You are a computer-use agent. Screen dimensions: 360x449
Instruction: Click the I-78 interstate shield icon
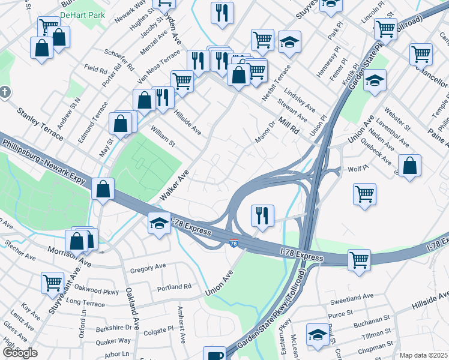pyautogui.click(x=234, y=243)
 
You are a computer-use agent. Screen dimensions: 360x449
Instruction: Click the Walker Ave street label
pyautogui.click(x=175, y=185)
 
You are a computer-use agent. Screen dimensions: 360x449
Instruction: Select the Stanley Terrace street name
pyautogui.click(x=40, y=124)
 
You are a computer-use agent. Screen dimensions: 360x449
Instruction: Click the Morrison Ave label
pyautogui.click(x=70, y=256)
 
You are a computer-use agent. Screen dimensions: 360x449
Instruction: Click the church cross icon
pyautogui.click(x=5, y=92)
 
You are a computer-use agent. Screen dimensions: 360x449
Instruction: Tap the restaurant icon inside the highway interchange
pyautogui.click(x=262, y=215)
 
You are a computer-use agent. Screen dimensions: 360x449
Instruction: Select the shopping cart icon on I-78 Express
pyautogui.click(x=359, y=260)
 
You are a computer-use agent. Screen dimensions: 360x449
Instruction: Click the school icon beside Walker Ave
pyautogui.click(x=158, y=223)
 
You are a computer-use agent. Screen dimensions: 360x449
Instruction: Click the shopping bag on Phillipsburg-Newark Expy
pyautogui.click(x=104, y=188)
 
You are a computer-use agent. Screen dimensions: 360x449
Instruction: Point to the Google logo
pyautogui.click(x=20, y=353)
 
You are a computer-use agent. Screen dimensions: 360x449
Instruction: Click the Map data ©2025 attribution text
pyautogui.click(x=423, y=355)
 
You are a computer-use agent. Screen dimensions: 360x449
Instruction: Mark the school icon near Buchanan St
pyautogui.click(x=318, y=334)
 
